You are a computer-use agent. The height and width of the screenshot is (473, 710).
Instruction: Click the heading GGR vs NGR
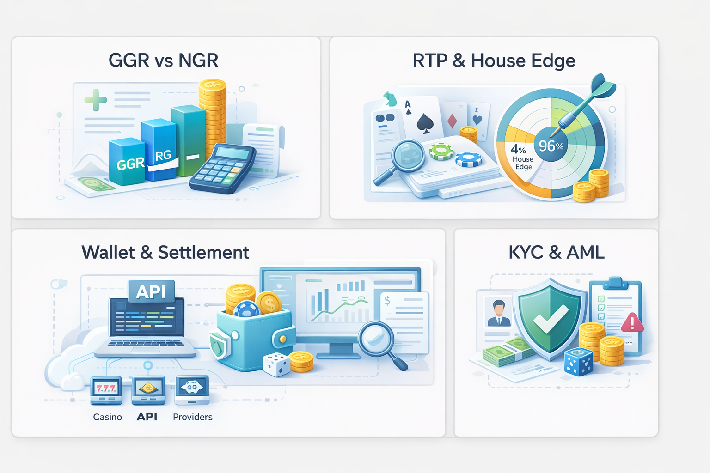[x=163, y=61]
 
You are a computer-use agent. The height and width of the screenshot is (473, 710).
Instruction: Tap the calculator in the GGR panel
[x=222, y=168]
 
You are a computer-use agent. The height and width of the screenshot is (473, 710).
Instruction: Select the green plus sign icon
[x=96, y=100]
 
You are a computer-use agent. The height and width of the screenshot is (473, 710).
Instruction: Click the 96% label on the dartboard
[x=551, y=146]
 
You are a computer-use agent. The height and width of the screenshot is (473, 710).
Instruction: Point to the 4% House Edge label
[x=522, y=158]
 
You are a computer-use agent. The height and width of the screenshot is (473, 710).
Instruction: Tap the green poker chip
[x=441, y=151]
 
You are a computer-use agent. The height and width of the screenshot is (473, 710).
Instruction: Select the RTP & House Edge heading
[x=494, y=61]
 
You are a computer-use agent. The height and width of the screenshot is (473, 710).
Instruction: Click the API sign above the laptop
[x=151, y=291]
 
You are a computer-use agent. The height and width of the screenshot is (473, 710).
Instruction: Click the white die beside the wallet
[x=276, y=364]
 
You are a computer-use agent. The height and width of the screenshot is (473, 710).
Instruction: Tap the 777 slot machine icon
[x=106, y=389]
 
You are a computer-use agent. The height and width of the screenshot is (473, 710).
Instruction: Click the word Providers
[x=192, y=417]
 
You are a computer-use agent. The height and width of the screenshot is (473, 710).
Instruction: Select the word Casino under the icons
[x=107, y=417]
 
